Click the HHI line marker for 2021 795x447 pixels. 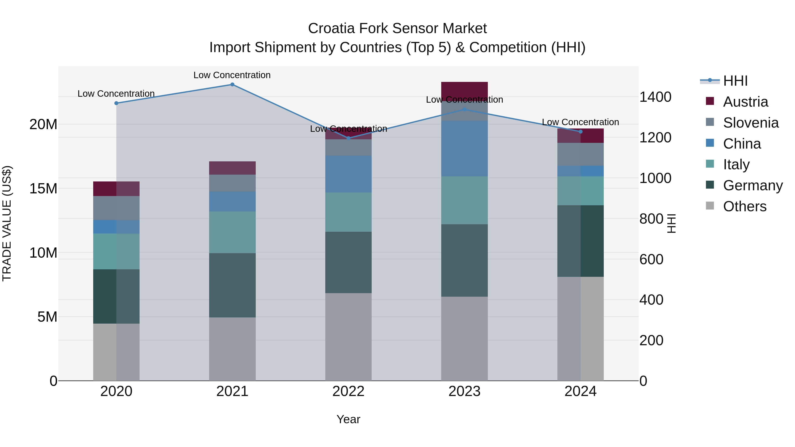tap(232, 85)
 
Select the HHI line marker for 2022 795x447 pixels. tap(348, 138)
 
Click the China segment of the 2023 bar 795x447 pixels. tap(464, 148)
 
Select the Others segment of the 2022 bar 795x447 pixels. tap(348, 337)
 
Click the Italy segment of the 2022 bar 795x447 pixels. tap(348, 212)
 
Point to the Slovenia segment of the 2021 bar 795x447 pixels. tap(232, 183)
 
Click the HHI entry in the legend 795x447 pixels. tap(735, 81)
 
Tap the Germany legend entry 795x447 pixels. tap(752, 185)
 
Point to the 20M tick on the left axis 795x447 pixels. tap(43, 124)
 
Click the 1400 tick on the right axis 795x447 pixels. tap(655, 97)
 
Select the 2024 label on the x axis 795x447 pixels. tap(580, 391)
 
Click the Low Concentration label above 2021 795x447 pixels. tap(232, 75)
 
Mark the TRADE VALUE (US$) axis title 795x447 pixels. tap(7, 223)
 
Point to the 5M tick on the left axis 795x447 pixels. tap(47, 317)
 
